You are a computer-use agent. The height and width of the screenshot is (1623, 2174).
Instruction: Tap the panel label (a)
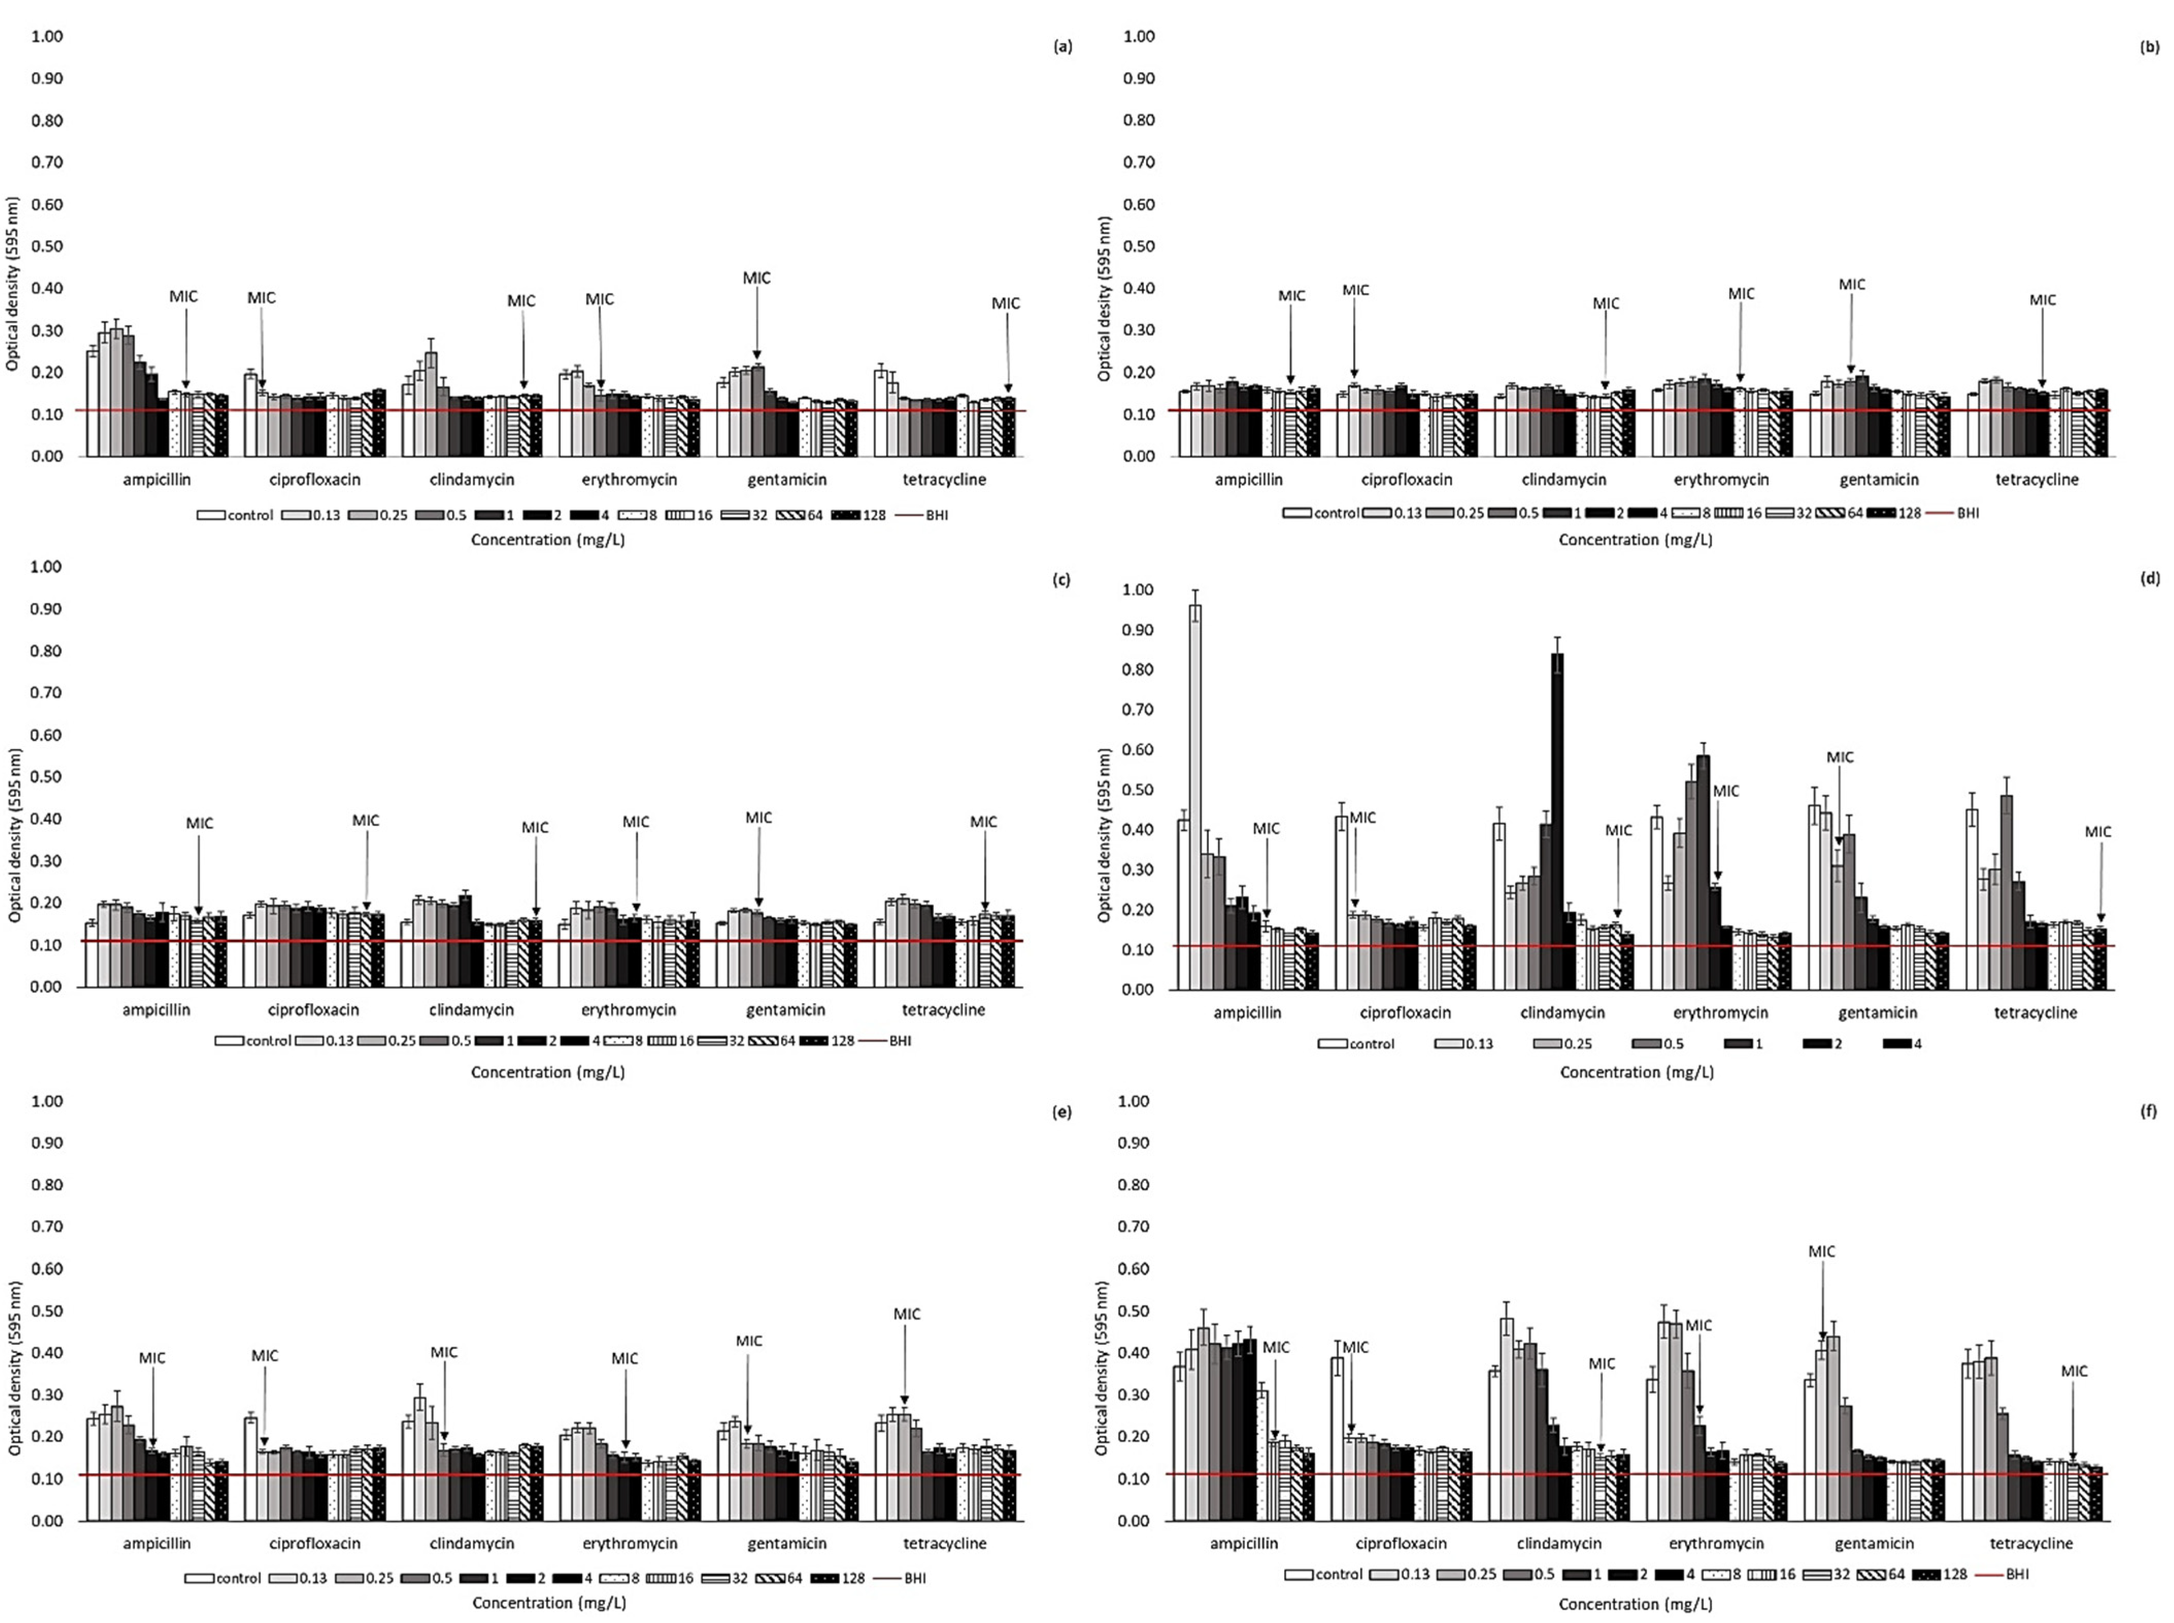1062,46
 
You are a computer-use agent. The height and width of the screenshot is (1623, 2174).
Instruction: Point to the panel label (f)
2148,1111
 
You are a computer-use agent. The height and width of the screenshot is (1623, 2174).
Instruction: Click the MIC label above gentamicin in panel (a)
756,278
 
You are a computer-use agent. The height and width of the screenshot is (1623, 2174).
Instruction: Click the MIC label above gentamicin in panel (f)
1822,1252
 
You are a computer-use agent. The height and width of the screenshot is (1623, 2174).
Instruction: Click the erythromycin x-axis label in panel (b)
1721,480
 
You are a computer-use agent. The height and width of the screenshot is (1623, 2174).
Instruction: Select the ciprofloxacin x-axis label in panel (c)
313,1009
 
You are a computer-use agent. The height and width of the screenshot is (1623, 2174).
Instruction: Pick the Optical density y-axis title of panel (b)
1105,299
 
